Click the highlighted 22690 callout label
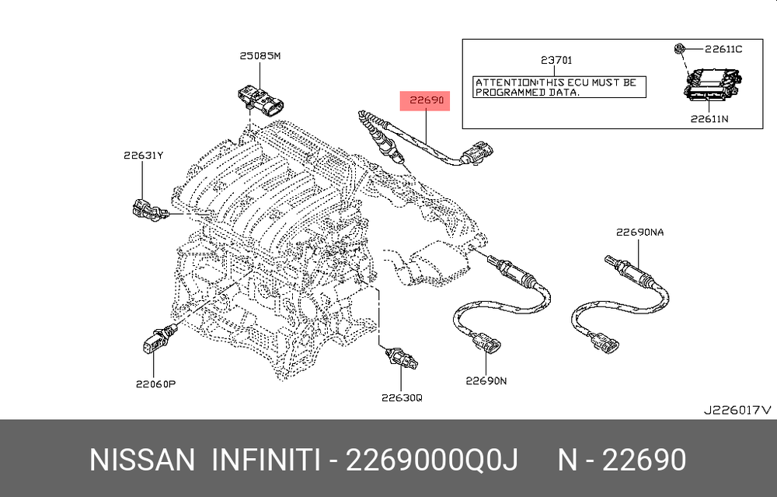pos(425,100)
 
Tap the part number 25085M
pos(260,56)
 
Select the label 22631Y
pos(143,156)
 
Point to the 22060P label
pos(155,384)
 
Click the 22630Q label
pos(402,397)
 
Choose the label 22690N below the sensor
pos(486,381)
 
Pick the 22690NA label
pos(639,232)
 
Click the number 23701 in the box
pos(556,60)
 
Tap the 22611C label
pos(723,49)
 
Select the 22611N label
pos(709,119)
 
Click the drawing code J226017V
pos(738,410)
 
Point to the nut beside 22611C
pos(679,48)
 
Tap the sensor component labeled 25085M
pos(260,100)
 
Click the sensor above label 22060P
pos(159,338)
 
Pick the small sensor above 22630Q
pos(402,358)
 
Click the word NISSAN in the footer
pos(142,460)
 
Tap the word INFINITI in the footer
pos(266,460)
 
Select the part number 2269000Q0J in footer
pos(431,460)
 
